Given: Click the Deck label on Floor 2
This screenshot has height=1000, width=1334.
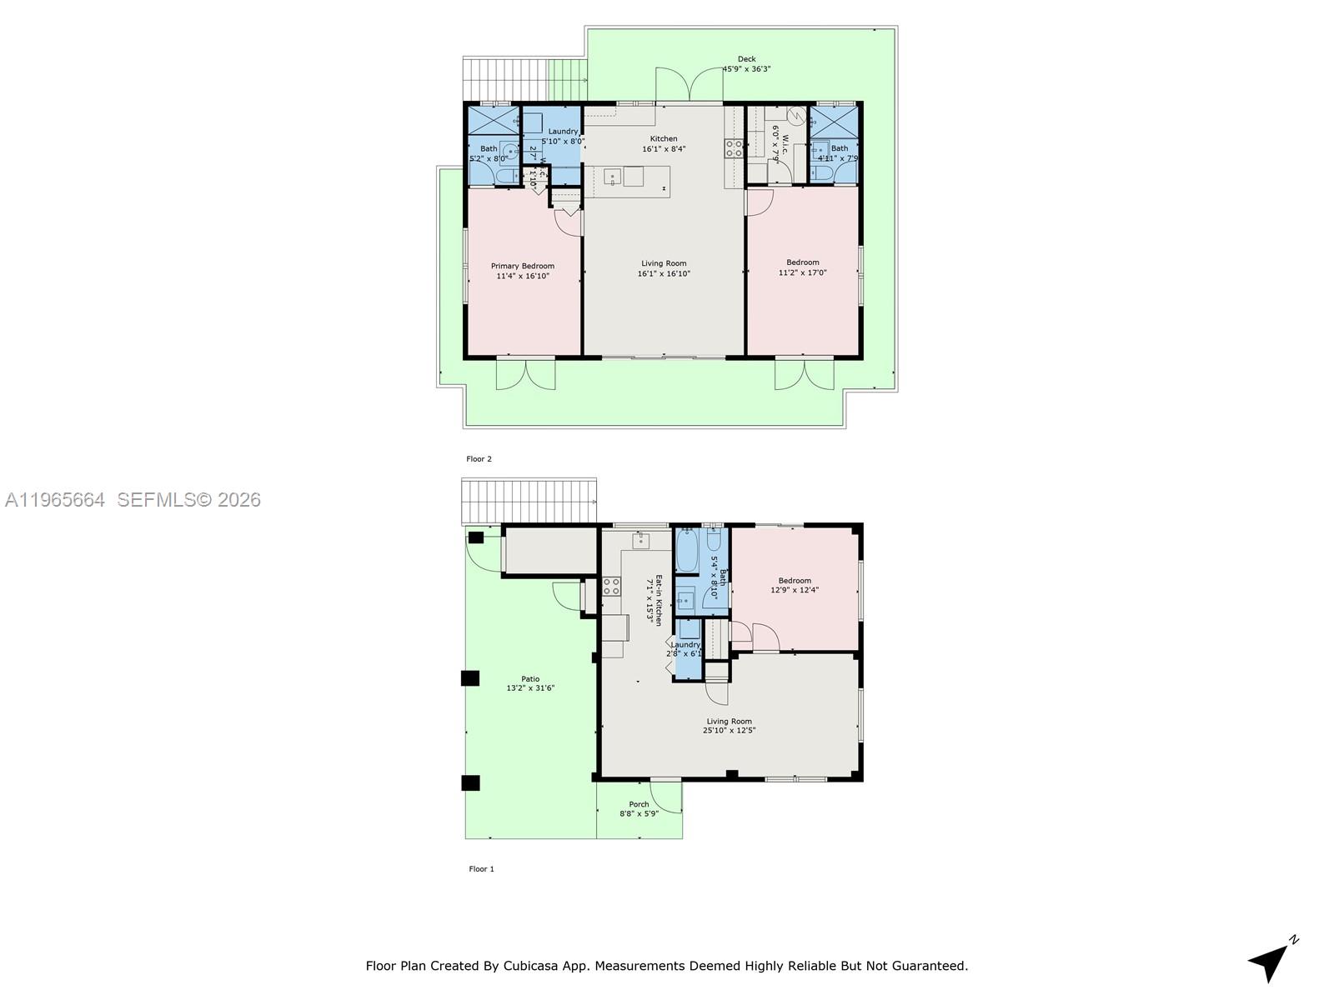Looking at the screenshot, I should [746, 59].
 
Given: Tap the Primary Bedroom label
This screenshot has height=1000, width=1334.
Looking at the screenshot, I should [522, 266].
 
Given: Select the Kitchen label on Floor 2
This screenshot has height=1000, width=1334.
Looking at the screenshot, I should [664, 138].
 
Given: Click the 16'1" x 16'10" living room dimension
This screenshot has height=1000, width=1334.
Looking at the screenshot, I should [664, 273].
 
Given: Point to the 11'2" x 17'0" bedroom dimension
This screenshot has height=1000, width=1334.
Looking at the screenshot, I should [802, 272].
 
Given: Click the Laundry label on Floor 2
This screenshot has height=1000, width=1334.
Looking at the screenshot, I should [564, 132].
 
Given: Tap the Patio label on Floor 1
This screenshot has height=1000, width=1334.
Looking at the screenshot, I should [530, 678].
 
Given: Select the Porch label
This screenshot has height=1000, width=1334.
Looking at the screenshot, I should [639, 804].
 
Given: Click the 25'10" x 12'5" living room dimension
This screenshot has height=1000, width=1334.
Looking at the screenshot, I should [729, 731].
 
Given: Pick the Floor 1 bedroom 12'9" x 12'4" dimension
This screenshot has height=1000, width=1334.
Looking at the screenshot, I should [795, 590].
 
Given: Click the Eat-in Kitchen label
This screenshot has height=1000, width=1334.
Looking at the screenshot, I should [658, 600].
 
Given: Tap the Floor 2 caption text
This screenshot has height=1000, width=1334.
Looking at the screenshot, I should [479, 459].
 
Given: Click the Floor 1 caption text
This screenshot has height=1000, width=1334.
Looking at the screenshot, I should [481, 869].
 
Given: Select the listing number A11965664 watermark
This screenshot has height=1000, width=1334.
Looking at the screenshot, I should [55, 500].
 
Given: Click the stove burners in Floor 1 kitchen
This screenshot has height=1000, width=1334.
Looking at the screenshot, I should [611, 586].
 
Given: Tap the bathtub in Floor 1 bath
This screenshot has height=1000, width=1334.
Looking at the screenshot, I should [686, 550].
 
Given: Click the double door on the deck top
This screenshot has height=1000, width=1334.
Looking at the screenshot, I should [689, 85].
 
